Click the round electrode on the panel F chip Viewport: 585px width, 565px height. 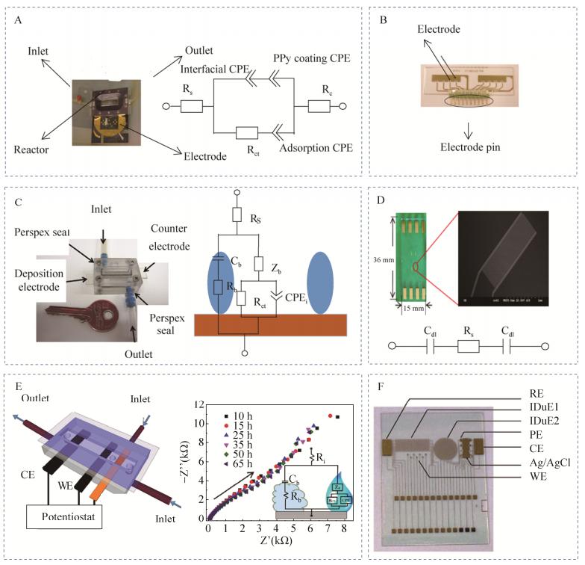click(442, 450)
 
